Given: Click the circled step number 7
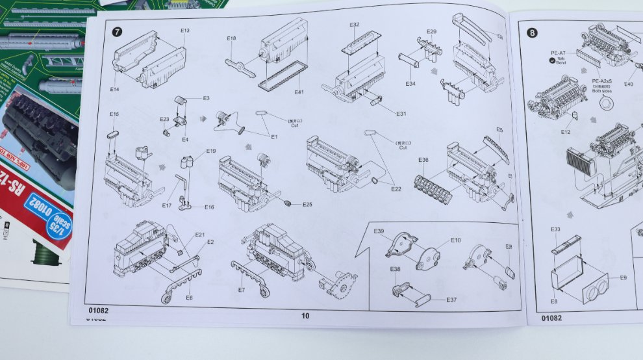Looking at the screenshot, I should tap(117, 32).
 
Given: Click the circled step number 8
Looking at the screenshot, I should tap(532, 32).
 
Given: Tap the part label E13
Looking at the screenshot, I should tap(185, 31).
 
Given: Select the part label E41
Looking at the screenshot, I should tap(299, 92).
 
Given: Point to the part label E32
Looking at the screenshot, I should tap(354, 25).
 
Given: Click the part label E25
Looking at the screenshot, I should tap(307, 205).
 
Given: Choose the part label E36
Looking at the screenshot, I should tap(423, 160).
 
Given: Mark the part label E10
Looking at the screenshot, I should tap(456, 240).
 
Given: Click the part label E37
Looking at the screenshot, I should tap(451, 300).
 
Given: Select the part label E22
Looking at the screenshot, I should tap(396, 189).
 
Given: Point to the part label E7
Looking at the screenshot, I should tap(242, 290).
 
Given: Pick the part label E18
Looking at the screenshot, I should tap(231, 39).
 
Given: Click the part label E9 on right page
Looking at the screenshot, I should tap(623, 277).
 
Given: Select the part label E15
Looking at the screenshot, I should tap(114, 114).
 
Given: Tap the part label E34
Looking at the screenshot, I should tap(410, 83).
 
